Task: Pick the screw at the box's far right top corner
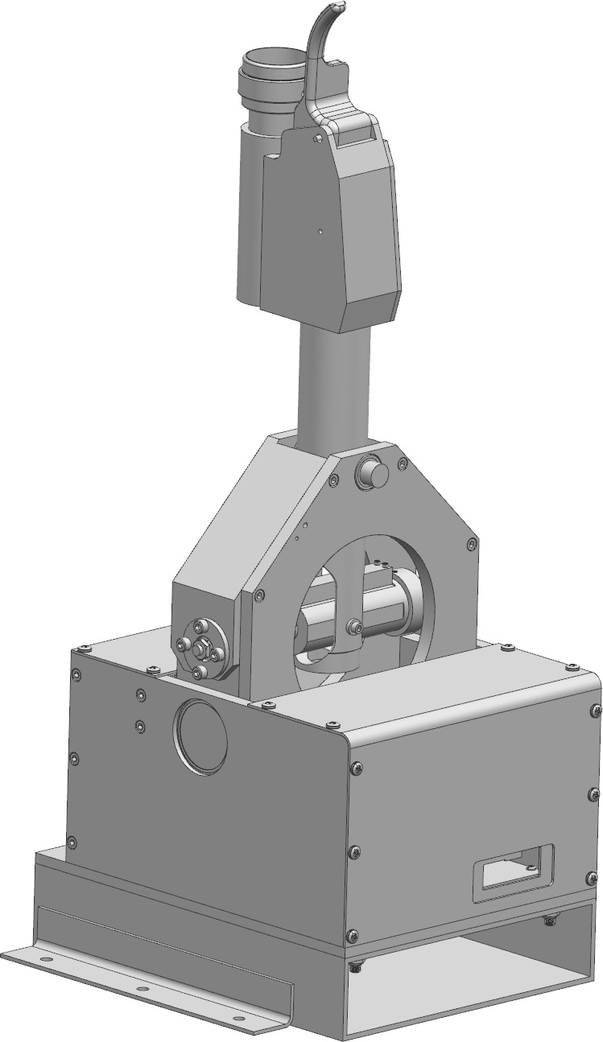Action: [x=573, y=667]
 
